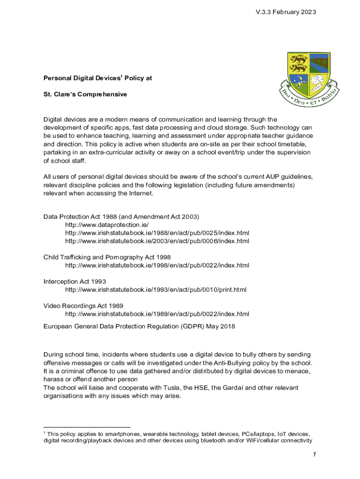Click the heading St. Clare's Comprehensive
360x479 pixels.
[x=85, y=94]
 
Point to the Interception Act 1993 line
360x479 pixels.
[x=75, y=282]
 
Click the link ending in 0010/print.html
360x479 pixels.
[x=156, y=290]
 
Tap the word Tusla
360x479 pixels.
[x=174, y=387]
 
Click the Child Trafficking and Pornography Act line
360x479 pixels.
[x=107, y=257]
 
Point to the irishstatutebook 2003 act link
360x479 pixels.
[x=157, y=241]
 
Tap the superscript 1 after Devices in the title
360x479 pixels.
[x=122, y=77]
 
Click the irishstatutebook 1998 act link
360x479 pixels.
[x=157, y=265]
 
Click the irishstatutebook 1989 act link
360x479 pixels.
[x=157, y=313]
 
